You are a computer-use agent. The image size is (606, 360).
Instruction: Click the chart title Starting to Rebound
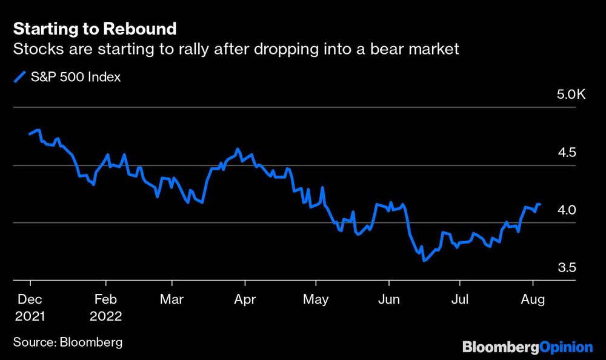[95, 28]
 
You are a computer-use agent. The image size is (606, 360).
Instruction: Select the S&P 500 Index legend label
[75, 77]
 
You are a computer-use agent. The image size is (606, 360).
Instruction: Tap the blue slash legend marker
[20, 77]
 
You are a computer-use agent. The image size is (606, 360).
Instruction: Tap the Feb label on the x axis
[105, 299]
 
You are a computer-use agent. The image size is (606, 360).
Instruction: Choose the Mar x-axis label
[172, 299]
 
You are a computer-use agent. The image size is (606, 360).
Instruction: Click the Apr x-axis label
[244, 299]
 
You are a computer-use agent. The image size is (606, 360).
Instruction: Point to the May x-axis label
[315, 299]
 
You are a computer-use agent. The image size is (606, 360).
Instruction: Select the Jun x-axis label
[388, 299]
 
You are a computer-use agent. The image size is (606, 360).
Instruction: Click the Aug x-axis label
[533, 299]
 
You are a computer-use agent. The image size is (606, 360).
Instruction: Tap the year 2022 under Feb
[105, 316]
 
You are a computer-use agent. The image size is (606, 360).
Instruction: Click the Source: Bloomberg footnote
[67, 342]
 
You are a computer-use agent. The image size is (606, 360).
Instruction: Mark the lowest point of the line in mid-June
[424, 260]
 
